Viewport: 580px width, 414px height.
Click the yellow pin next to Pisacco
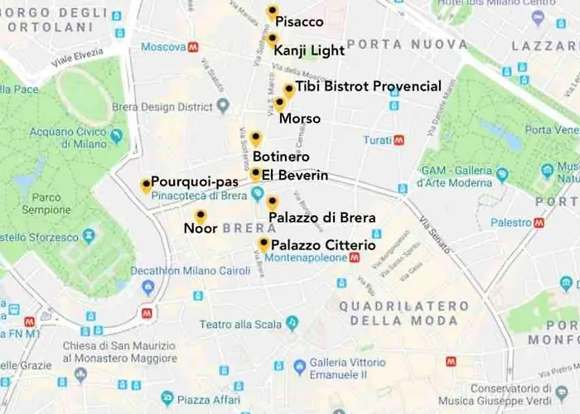point(272,12)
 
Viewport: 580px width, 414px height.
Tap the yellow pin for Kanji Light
point(272,40)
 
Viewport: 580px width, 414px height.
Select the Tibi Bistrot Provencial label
point(368,86)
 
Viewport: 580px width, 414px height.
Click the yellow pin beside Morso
point(280,103)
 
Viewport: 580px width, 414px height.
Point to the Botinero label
point(281,156)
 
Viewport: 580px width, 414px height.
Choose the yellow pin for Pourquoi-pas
point(146,185)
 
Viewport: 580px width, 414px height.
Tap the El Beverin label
point(295,176)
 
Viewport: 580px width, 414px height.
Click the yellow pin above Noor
point(200,216)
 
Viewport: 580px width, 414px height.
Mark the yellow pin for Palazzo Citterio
point(263,244)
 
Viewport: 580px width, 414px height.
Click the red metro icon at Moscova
point(193,47)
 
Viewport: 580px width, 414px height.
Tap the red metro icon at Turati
point(399,140)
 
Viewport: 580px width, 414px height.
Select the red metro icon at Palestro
point(539,223)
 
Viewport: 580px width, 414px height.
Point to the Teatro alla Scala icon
point(291,322)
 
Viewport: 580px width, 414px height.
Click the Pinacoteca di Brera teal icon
point(257,195)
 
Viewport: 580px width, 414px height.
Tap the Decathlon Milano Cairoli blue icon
point(148,286)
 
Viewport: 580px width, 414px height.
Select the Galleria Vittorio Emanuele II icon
point(299,364)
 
